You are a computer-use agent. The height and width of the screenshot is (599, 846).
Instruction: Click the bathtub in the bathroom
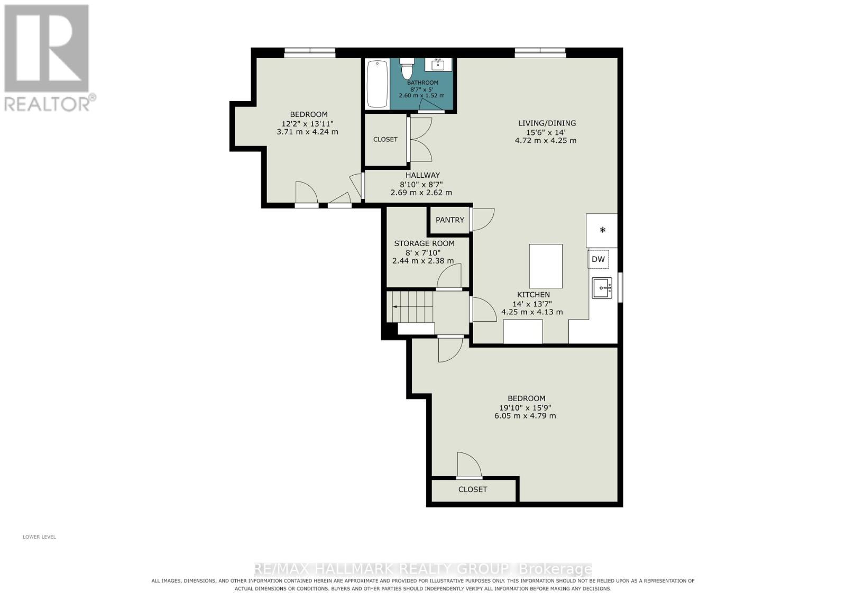click(378, 84)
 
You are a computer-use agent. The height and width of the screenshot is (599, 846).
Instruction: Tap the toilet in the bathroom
click(407, 68)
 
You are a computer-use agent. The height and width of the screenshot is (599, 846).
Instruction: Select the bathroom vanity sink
click(438, 65)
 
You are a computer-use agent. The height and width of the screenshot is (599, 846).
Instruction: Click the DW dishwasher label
click(598, 259)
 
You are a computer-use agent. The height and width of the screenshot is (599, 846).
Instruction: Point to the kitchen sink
click(602, 288)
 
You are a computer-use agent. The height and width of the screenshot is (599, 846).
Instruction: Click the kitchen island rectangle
click(546, 266)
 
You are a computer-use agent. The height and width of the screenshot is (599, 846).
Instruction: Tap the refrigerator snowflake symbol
click(603, 230)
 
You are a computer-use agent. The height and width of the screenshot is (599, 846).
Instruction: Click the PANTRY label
click(450, 220)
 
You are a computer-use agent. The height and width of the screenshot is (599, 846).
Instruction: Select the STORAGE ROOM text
click(425, 243)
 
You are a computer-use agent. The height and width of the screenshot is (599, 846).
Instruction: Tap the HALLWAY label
click(422, 175)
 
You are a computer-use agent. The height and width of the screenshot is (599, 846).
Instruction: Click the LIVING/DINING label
click(547, 123)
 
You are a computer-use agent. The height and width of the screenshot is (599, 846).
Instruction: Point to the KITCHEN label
click(534, 295)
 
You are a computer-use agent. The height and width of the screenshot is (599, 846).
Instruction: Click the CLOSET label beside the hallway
click(385, 140)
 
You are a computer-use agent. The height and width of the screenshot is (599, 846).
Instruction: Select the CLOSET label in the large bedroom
click(473, 489)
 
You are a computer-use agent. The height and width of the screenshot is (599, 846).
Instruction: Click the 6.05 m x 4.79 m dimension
click(526, 416)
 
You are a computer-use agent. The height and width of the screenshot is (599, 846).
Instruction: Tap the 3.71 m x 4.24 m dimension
click(307, 132)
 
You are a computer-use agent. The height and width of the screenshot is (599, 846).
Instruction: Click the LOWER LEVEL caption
click(39, 537)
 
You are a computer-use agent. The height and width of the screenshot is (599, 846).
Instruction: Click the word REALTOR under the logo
click(47, 104)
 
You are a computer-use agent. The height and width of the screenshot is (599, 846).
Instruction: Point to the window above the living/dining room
click(540, 52)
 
